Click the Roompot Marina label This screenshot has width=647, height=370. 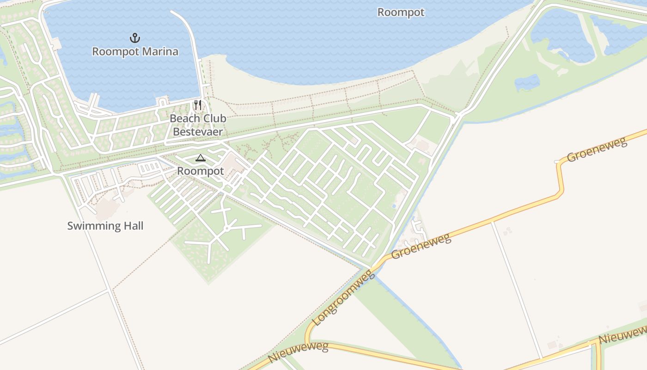(x=135, y=51)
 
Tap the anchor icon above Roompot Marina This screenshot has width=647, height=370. (x=135, y=37)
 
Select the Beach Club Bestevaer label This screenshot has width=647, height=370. (x=198, y=125)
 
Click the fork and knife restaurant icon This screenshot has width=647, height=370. (x=198, y=105)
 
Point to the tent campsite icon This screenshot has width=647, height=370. (x=200, y=158)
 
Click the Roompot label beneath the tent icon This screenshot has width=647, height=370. (x=201, y=171)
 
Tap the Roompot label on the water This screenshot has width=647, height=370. (x=401, y=12)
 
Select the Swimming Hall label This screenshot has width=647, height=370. (x=105, y=226)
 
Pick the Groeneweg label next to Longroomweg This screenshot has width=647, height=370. (x=421, y=247)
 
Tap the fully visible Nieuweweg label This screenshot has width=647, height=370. (x=298, y=352)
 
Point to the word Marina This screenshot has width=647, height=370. (x=160, y=51)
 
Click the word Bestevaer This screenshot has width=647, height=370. (x=198, y=132)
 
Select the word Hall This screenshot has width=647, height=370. (x=133, y=226)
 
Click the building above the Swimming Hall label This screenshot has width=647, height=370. (x=107, y=209)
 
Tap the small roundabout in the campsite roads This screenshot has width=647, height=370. (x=226, y=228)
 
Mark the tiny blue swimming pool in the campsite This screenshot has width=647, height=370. (x=394, y=206)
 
